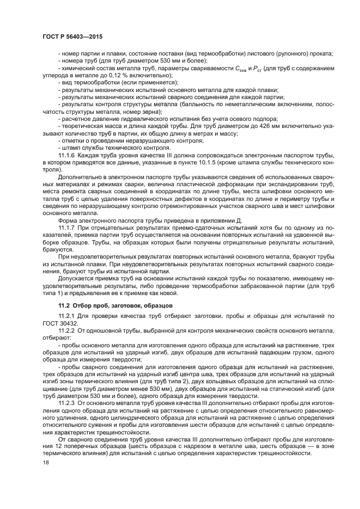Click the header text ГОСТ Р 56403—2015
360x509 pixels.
coord(72,36)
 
